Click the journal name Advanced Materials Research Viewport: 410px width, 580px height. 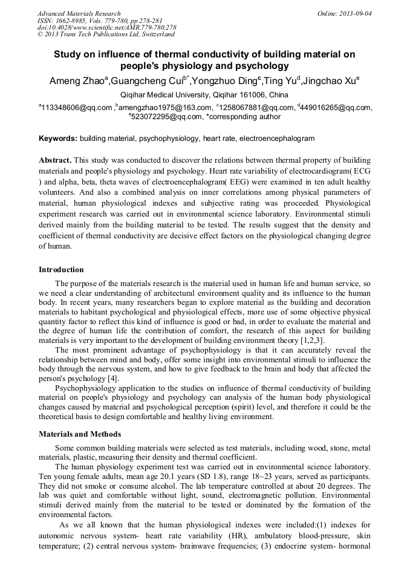tap(79, 13)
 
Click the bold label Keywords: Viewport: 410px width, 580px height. tap(58, 138)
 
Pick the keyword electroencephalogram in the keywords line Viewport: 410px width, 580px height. tap(276, 138)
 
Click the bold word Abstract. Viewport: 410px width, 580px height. tap(55, 160)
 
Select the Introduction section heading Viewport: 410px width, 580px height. tap(61, 270)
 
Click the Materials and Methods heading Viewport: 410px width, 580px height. tap(80, 434)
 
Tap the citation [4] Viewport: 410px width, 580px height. tap(112, 379)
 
